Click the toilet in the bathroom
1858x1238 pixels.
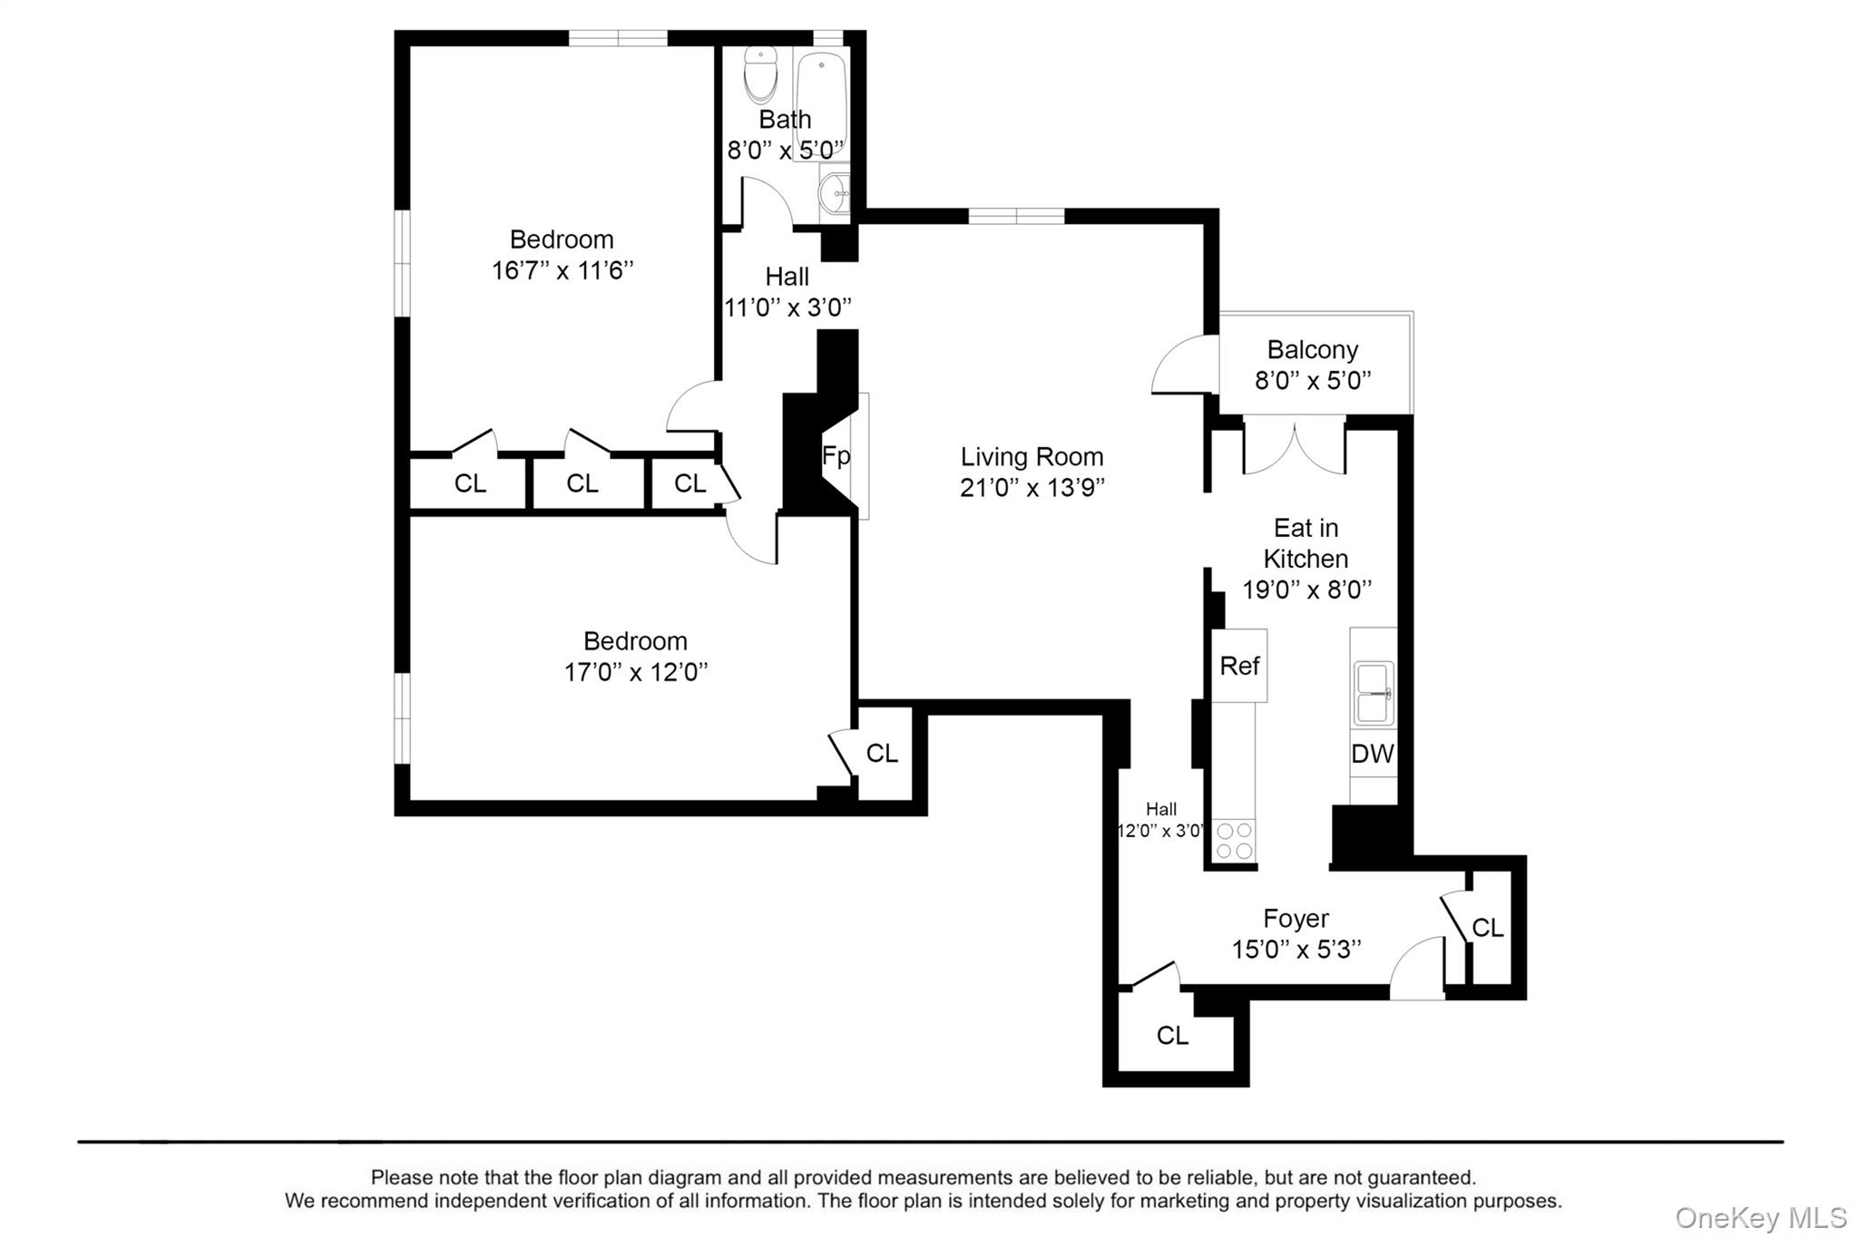(x=760, y=74)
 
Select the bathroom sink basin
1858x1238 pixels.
(x=833, y=192)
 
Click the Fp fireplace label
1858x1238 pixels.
(x=836, y=455)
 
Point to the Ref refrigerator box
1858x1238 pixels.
(x=1239, y=666)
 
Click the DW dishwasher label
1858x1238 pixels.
(x=1373, y=754)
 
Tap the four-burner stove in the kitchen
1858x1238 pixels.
(x=1234, y=840)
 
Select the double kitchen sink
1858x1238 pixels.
(x=1373, y=694)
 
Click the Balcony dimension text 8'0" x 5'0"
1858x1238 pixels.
(x=1312, y=380)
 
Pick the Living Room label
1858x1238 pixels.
(x=1032, y=456)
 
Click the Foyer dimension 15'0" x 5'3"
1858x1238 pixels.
(x=1296, y=950)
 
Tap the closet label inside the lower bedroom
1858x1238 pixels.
(x=881, y=753)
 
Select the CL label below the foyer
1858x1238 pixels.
(x=1172, y=1035)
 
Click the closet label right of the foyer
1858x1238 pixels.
(x=1487, y=927)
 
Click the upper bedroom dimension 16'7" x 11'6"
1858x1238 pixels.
(x=562, y=270)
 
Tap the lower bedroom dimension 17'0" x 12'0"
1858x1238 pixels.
(x=635, y=672)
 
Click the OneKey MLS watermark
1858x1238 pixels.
(x=1760, y=1217)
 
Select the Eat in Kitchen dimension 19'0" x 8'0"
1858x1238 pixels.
(x=1305, y=590)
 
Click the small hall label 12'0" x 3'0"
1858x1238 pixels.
(x=1161, y=830)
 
